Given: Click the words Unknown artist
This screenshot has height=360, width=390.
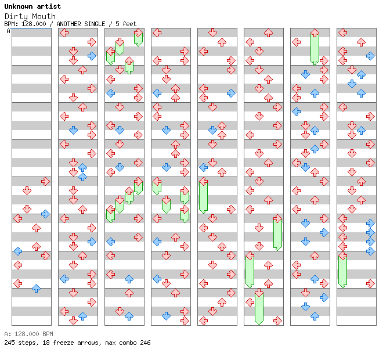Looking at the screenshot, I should (x=32, y=6).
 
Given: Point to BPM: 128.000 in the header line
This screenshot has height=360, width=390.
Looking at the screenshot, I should (x=25, y=24).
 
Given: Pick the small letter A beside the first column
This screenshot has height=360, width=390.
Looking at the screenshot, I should (x=8, y=31).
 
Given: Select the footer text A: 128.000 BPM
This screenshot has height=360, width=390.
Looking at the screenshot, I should (x=28, y=334).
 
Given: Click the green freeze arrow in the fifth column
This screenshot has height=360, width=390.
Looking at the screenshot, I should (x=203, y=196).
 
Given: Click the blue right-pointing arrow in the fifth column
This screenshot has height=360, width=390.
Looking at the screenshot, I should (x=231, y=93).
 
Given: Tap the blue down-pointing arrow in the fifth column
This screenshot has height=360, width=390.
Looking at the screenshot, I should (x=212, y=130).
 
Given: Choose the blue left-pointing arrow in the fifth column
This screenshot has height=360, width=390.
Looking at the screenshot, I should (x=203, y=167).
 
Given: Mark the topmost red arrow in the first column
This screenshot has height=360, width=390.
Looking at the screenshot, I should (x=45, y=181).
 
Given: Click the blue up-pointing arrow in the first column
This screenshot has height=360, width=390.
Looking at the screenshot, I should (x=36, y=288).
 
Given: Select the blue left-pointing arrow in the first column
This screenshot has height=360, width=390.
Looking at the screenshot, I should (x=17, y=251).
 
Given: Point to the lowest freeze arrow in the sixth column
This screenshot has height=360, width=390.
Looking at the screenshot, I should (x=259, y=307).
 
